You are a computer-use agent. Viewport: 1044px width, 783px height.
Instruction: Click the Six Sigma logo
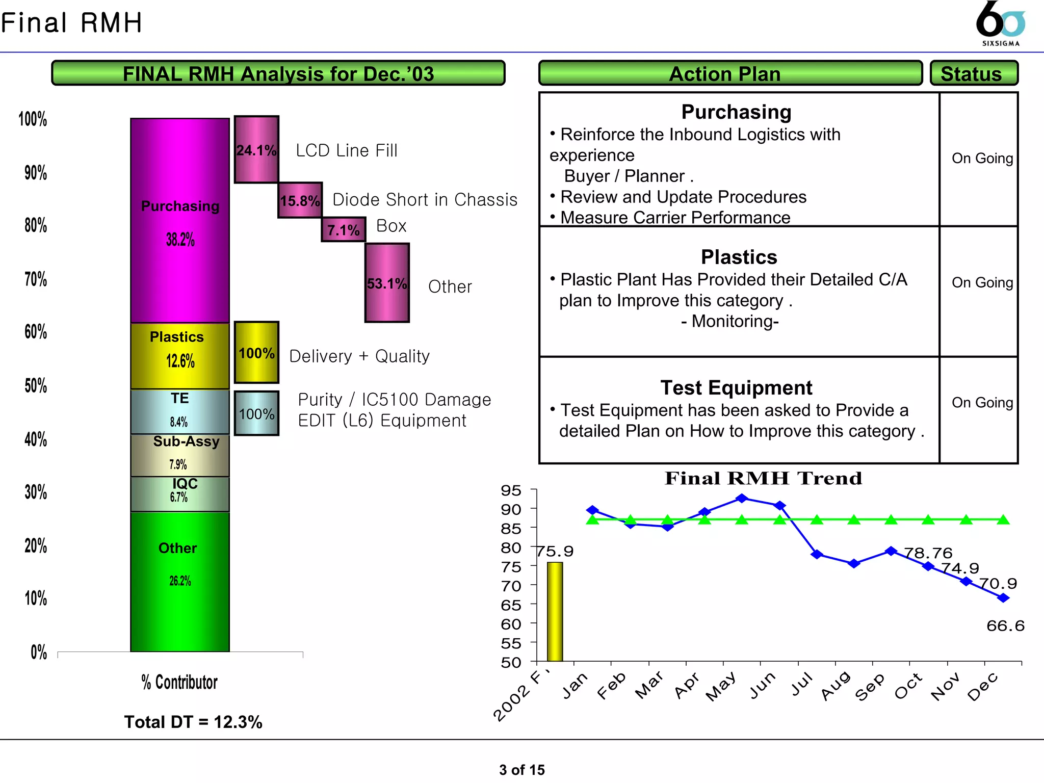pos(1000,23)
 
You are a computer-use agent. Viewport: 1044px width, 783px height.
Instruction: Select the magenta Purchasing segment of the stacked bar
pos(180,220)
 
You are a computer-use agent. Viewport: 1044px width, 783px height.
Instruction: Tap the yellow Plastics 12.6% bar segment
pos(180,355)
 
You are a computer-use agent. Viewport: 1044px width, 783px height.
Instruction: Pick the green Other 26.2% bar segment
pos(180,581)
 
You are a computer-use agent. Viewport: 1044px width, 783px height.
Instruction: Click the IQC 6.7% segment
pos(180,493)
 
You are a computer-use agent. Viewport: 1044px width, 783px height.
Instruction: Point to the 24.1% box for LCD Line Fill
pos(256,149)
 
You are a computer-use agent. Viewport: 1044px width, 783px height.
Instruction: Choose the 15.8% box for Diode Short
pos(300,200)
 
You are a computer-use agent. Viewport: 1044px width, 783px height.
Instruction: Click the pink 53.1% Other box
pos(387,283)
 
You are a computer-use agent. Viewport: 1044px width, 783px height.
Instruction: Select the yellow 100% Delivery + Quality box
pos(256,352)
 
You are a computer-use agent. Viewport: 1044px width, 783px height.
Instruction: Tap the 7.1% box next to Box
pos(343,229)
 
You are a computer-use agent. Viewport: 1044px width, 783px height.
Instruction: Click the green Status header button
pos(974,73)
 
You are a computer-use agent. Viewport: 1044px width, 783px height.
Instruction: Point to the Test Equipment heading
pos(736,388)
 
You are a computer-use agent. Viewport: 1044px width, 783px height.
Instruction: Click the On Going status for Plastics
pos(982,282)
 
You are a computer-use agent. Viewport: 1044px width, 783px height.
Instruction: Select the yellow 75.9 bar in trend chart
pos(555,611)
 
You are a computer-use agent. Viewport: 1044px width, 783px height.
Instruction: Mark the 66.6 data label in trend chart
pos(1005,626)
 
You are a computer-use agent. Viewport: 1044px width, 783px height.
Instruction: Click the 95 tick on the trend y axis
pos(511,490)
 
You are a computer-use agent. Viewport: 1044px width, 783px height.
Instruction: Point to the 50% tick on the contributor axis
pos(36,385)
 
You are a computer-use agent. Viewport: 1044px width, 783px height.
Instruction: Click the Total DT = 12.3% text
pos(193,722)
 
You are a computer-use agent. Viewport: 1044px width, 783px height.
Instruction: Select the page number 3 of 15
pos(521,770)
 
